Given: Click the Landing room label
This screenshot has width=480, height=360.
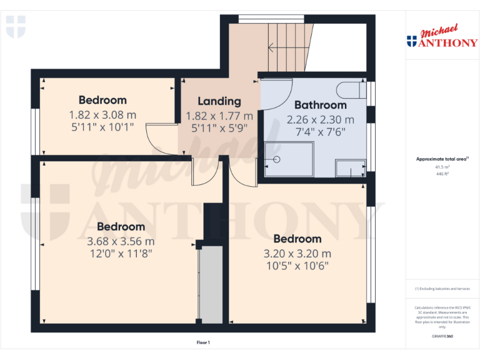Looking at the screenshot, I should point(219,101).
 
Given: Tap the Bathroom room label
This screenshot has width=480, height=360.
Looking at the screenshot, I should point(320,105).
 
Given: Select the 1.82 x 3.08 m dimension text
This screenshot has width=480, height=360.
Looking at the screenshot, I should point(102,115).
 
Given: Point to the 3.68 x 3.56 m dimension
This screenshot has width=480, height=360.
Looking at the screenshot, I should point(121,241).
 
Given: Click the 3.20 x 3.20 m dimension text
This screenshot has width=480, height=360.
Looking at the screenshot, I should point(297,254).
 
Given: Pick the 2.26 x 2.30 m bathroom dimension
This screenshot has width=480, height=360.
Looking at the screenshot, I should point(320,119).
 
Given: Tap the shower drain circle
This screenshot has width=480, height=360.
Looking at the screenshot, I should point(276,159).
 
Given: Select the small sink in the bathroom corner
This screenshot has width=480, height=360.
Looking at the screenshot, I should point(350,167).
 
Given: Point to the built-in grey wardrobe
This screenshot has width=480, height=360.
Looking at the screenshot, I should point(211,284).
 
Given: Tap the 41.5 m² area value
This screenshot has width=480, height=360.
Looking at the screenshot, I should point(442,167).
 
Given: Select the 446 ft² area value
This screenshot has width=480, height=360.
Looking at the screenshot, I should point(442,174).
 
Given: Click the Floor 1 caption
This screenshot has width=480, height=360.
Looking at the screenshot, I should point(203,342).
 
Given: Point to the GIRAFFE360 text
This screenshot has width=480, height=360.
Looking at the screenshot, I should point(442,336).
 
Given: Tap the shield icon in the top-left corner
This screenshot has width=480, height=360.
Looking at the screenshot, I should point(16,27).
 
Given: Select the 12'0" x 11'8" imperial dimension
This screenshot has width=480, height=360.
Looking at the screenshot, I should point(121,254).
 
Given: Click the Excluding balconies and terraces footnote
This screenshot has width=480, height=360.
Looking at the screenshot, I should point(442,289).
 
